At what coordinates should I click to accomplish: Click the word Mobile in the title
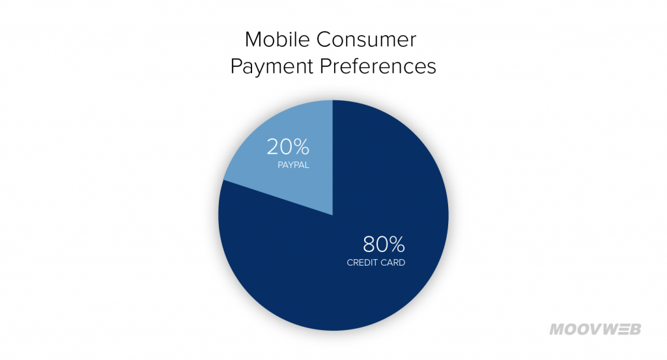[x=277, y=40]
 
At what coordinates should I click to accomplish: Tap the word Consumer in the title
[x=366, y=40]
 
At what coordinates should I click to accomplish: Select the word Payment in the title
[x=272, y=67]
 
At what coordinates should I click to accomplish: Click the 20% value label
[x=288, y=147]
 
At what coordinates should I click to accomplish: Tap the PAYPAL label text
[x=294, y=165]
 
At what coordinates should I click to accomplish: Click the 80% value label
[x=384, y=244]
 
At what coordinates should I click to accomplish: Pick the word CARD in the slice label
[x=393, y=262]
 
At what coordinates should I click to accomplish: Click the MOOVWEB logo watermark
[x=595, y=329]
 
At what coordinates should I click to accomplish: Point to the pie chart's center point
[x=333, y=215]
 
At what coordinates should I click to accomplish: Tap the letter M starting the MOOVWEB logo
[x=558, y=329]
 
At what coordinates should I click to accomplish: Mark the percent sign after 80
[x=397, y=245]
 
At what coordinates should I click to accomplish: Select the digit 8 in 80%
[x=369, y=245]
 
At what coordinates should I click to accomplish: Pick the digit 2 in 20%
[x=273, y=147]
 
